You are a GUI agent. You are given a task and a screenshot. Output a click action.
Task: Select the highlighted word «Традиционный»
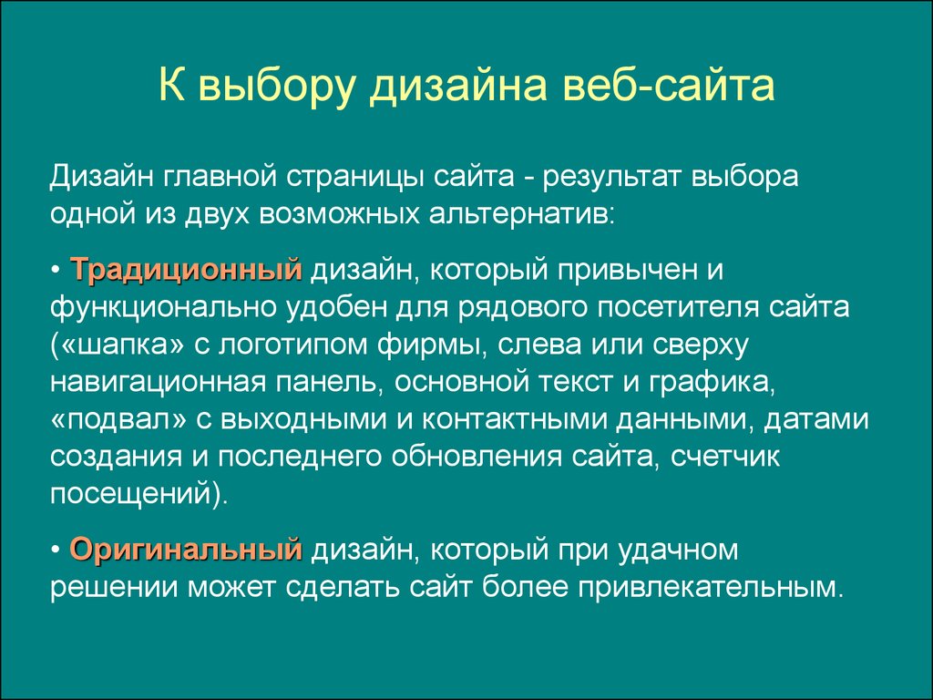click(x=186, y=270)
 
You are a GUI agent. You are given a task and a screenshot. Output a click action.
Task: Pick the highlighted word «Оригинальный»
click(x=186, y=550)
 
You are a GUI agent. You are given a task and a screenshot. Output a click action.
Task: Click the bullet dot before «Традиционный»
click(x=56, y=272)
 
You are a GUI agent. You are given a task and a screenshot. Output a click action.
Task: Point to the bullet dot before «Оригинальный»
click(x=56, y=551)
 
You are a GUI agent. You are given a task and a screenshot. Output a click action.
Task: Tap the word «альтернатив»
click(x=522, y=215)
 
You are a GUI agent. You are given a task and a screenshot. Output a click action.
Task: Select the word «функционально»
click(x=164, y=308)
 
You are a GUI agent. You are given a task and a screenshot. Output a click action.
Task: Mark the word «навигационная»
click(x=158, y=384)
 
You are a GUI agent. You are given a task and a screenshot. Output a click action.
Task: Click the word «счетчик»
click(x=724, y=458)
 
